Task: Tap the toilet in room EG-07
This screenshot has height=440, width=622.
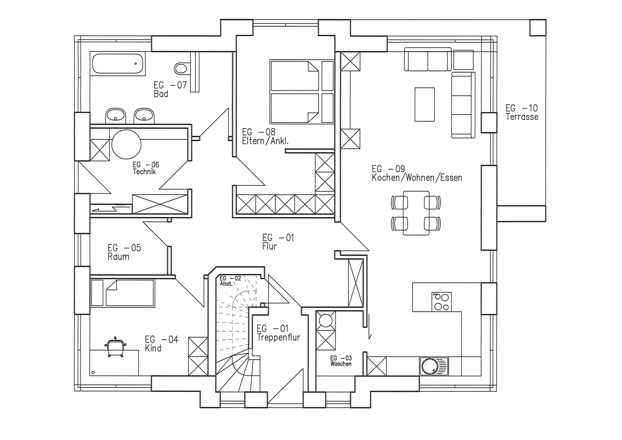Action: (180, 68)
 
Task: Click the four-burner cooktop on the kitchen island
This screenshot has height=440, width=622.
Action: (441, 302)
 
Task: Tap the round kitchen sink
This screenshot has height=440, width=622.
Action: (430, 366)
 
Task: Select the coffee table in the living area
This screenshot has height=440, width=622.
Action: (424, 104)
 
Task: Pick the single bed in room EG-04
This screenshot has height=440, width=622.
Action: (123, 293)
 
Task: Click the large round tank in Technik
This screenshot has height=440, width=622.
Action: (127, 144)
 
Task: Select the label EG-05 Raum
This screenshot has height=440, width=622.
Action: (124, 252)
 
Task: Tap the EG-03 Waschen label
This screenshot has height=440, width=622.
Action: (341, 361)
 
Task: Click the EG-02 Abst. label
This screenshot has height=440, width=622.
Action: (230, 281)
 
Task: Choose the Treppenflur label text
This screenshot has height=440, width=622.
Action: (278, 337)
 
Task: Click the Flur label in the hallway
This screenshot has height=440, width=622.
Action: (269, 246)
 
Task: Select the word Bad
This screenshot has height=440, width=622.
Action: (161, 94)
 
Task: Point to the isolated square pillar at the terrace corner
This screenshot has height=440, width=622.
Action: (538, 28)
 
